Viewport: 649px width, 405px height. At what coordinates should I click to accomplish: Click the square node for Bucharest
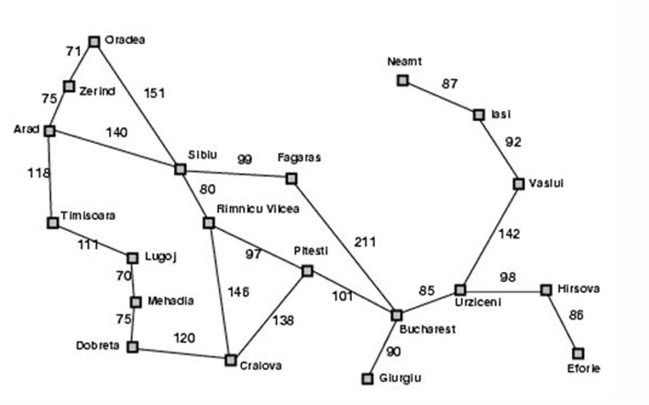(397, 314)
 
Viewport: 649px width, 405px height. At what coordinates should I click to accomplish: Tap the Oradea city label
(126, 40)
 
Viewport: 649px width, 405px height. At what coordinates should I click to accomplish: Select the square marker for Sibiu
(180, 169)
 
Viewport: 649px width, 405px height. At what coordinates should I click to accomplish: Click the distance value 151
(155, 92)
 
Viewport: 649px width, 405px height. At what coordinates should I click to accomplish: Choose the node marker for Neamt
(401, 81)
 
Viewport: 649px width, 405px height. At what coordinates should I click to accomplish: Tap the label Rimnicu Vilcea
(258, 210)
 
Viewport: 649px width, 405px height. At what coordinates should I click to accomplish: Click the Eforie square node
(577, 353)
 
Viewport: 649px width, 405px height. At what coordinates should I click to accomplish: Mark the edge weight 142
(509, 234)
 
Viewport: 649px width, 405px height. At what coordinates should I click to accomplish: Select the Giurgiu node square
(368, 377)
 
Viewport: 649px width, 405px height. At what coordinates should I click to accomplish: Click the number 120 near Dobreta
(186, 337)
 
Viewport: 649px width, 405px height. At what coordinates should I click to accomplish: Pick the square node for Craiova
(231, 359)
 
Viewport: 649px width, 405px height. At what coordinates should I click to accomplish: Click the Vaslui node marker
(519, 183)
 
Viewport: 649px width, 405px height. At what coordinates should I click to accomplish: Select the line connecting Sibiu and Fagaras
(236, 173)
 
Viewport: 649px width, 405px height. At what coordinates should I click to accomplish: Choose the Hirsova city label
(577, 290)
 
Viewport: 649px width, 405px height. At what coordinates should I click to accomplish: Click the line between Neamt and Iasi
(440, 98)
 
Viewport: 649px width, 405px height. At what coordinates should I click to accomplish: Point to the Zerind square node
(69, 86)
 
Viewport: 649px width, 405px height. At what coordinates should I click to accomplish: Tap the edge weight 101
(342, 296)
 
